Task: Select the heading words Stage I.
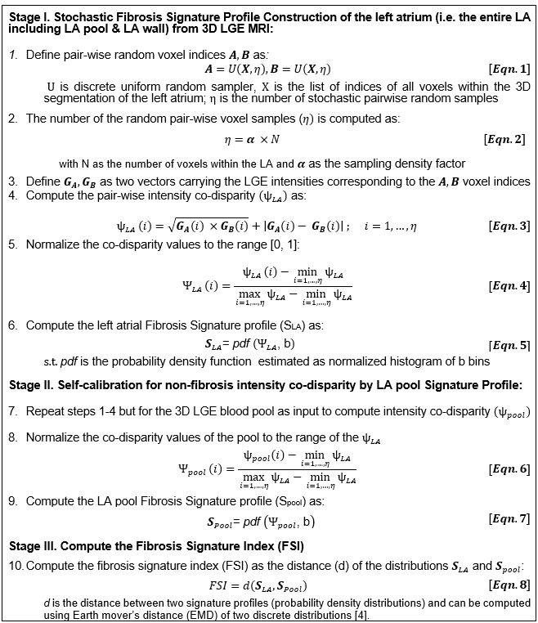pyautogui.click(x=30, y=11)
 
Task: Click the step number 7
pyautogui.click(x=13, y=413)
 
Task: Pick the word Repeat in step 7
pyautogui.click(x=46, y=413)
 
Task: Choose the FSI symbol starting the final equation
pyautogui.click(x=222, y=586)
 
